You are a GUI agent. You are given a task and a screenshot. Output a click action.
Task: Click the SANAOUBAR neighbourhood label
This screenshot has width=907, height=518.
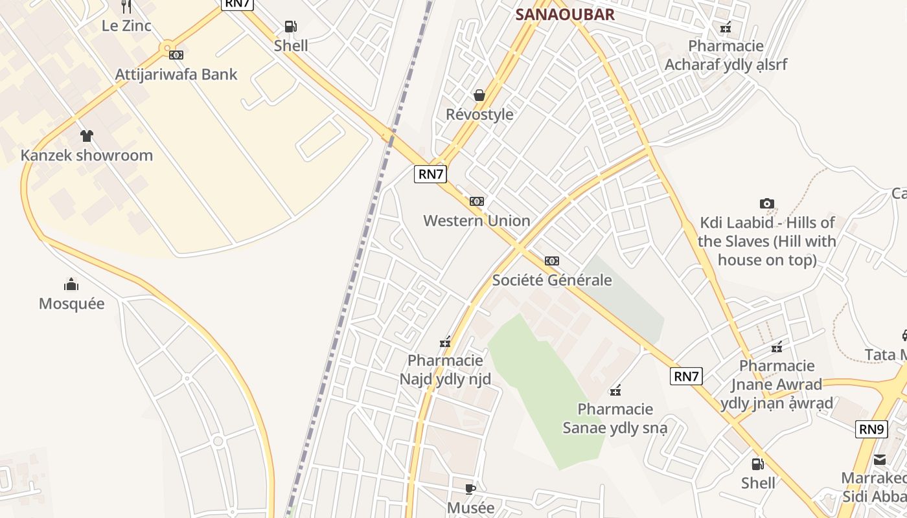(564, 15)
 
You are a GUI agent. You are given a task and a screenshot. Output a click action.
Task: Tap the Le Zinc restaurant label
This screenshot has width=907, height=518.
(126, 26)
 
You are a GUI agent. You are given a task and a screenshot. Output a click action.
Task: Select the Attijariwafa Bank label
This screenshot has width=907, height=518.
(176, 74)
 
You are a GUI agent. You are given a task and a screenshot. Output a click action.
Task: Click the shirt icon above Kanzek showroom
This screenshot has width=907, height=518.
(87, 136)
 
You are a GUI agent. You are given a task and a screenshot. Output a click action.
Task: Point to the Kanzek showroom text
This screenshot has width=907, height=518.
(87, 155)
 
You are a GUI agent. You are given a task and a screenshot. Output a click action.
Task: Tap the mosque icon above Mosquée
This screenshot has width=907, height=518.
(71, 284)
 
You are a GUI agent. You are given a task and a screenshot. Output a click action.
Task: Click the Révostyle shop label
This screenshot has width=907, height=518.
(479, 115)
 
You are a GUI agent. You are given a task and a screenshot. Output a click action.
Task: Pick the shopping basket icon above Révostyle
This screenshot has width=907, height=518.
(479, 96)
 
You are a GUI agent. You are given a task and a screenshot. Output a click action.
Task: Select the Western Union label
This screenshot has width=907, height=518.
(477, 221)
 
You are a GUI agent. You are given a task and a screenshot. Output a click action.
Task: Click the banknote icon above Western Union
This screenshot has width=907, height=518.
(477, 201)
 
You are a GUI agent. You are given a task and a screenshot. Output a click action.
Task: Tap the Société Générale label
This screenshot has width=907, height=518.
(552, 280)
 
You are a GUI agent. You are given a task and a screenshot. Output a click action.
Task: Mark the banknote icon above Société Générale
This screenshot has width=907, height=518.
(552, 261)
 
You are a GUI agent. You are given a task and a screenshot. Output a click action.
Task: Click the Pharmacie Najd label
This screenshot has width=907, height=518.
(445, 370)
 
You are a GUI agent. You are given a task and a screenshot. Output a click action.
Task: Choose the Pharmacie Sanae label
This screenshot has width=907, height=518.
(615, 418)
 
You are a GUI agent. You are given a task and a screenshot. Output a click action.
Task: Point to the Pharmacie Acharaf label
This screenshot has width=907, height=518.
(726, 56)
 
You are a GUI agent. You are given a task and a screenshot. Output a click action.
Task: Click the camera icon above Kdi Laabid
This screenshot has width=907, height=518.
(767, 204)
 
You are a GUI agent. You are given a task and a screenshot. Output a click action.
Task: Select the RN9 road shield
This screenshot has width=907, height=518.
(871, 429)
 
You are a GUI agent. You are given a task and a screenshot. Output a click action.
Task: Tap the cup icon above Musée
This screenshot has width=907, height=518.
(470, 489)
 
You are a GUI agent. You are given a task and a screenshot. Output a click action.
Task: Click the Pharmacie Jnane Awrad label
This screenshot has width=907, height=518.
(777, 385)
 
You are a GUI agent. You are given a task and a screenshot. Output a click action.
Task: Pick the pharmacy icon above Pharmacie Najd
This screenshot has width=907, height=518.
(445, 342)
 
